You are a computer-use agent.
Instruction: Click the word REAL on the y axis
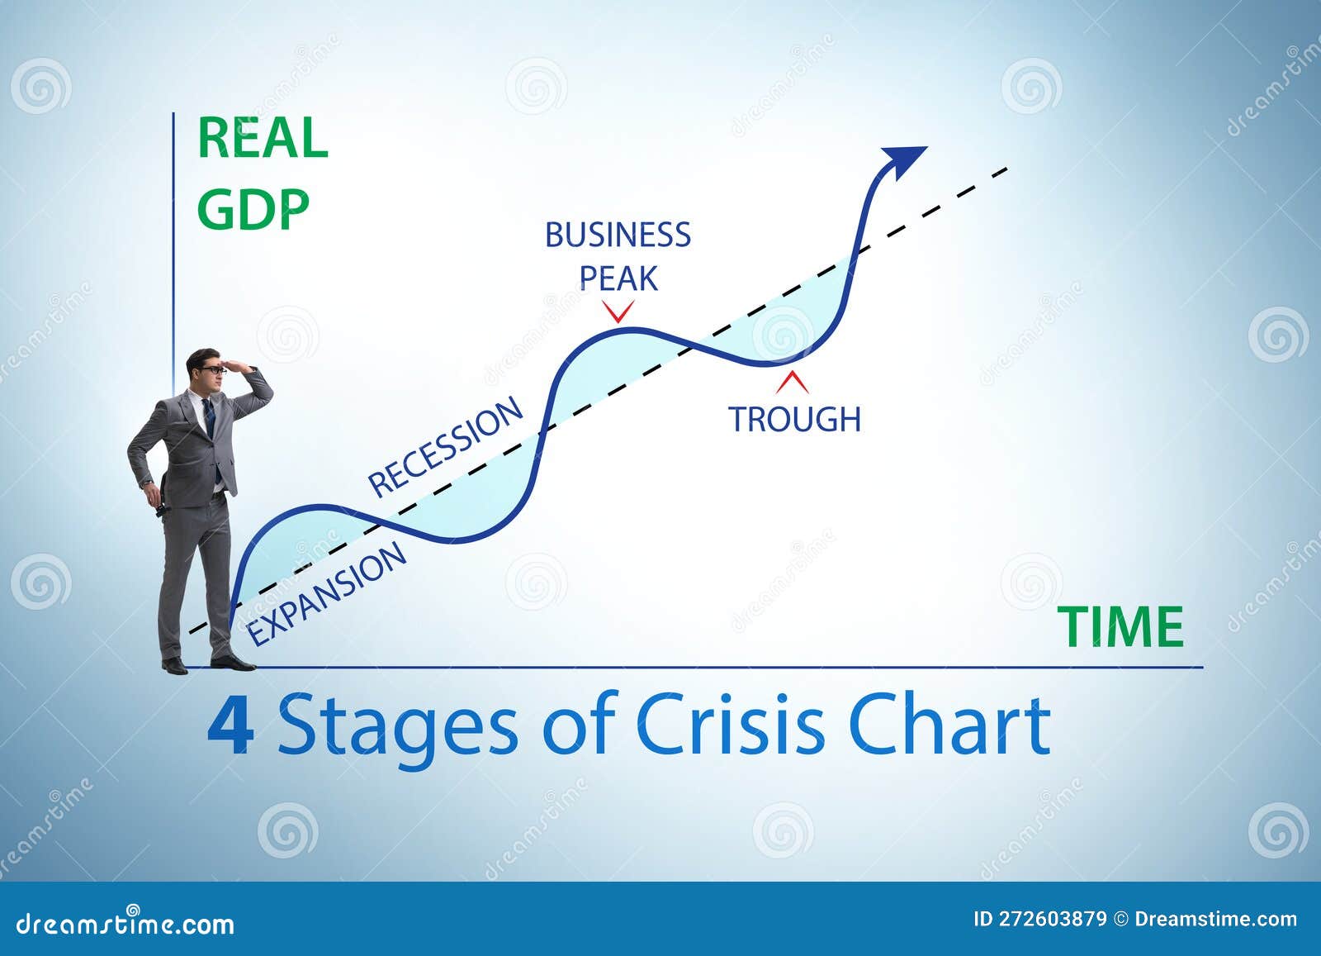click(263, 139)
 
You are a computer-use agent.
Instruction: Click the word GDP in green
click(253, 209)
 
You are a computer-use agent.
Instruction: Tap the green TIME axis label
click(1121, 627)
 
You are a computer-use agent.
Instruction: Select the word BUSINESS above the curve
click(618, 235)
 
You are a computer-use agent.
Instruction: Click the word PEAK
click(618, 279)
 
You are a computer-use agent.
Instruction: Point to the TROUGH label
click(794, 420)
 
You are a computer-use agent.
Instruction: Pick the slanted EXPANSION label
click(328, 592)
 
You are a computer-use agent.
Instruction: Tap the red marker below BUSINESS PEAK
click(618, 312)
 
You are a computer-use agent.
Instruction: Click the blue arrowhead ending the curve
click(903, 159)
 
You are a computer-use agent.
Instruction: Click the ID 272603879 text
click(1040, 920)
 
